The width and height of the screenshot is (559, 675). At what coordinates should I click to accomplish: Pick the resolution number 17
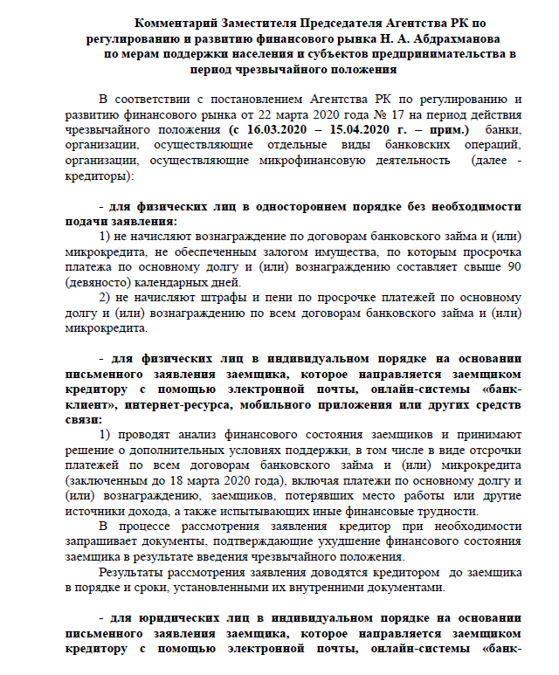pyautogui.click(x=422, y=114)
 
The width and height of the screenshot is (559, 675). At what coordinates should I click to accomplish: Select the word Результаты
pyautogui.click(x=136, y=573)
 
